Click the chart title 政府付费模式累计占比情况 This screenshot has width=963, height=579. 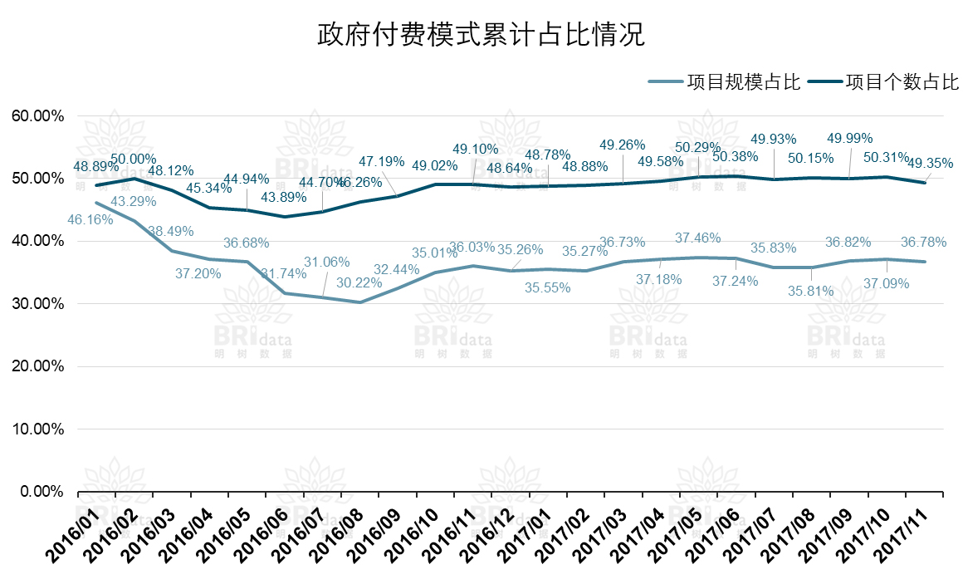pyautogui.click(x=481, y=36)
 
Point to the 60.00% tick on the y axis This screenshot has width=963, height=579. pyautogui.click(x=37, y=115)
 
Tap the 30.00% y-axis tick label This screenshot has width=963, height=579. pyautogui.click(x=37, y=304)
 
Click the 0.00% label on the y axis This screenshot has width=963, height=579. pyautogui.click(x=41, y=492)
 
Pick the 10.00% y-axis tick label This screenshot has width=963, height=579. pyautogui.click(x=37, y=429)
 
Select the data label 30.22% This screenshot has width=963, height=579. pyautogui.click(x=359, y=283)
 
